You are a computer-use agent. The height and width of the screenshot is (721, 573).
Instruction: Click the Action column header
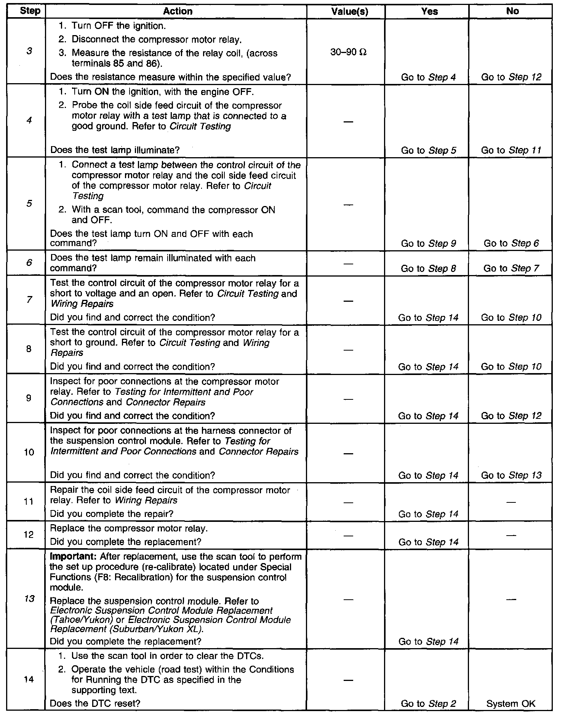178,11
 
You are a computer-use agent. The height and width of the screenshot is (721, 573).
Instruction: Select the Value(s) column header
349,11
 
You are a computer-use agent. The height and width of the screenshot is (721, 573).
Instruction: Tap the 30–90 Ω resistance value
348,52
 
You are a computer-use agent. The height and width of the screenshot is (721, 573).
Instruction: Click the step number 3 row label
29,51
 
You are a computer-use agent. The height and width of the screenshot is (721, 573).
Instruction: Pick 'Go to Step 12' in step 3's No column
511,77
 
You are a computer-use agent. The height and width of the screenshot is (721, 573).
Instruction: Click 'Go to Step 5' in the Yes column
428,150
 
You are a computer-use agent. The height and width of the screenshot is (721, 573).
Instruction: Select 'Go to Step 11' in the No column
511,150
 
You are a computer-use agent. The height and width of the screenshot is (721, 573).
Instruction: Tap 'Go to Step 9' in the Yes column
428,243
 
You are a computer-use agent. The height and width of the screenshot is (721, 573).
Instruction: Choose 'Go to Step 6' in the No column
511,243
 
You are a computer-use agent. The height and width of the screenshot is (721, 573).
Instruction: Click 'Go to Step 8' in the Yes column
428,269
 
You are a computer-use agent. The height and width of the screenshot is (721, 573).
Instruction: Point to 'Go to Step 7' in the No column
511,269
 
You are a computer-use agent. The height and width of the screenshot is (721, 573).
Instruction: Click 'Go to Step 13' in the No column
511,475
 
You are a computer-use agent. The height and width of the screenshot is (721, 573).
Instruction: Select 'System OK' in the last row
511,704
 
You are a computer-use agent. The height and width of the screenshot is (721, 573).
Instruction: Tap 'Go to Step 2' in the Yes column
428,704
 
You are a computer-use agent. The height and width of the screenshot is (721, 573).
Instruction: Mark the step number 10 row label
29,452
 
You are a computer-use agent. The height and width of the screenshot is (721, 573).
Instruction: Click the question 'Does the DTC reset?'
95,703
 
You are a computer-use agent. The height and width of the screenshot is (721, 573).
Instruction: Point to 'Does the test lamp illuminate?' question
115,150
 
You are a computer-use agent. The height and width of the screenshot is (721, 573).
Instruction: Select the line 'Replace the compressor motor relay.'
129,529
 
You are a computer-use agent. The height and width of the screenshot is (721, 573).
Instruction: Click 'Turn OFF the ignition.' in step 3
118,26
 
